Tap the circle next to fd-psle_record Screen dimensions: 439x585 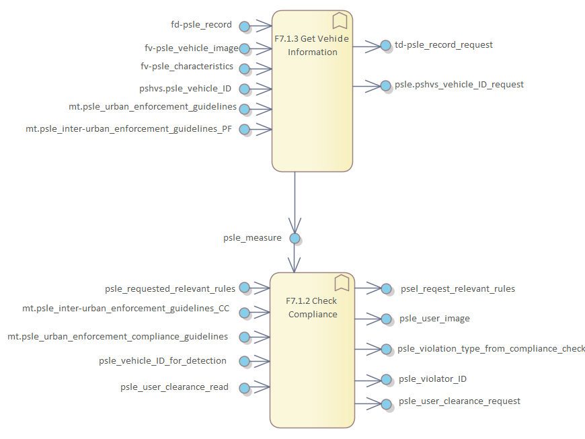[245, 26]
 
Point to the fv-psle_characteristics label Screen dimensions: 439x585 [187, 67]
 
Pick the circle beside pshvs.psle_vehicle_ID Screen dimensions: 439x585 [245, 89]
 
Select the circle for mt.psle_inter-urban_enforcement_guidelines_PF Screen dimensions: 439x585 [245, 129]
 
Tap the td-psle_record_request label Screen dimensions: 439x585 [444, 45]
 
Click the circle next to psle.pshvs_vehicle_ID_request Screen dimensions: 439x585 [385, 85]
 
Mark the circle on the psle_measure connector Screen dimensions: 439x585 [295, 238]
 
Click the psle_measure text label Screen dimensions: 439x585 [252, 237]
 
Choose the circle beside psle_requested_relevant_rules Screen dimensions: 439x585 [245, 288]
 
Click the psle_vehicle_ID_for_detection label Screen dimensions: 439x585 [163, 361]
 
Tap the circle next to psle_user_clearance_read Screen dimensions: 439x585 [245, 388]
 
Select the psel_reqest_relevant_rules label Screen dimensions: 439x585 [457, 289]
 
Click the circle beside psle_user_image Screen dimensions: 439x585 [386, 319]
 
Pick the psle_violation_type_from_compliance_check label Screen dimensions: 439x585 [492, 348]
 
